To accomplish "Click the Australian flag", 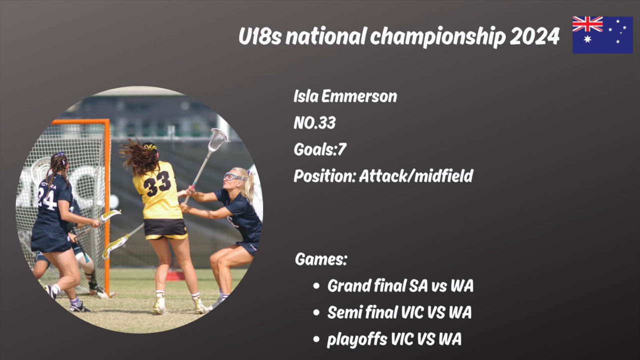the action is pyautogui.click(x=602, y=35).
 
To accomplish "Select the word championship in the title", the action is pyautogui.click(x=437, y=37).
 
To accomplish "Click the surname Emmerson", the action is pyautogui.click(x=359, y=96).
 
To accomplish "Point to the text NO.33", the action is pyautogui.click(x=314, y=123).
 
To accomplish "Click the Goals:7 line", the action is pyautogui.click(x=320, y=149).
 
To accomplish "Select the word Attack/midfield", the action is pyautogui.click(x=416, y=175).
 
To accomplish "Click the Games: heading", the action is pyautogui.click(x=321, y=259).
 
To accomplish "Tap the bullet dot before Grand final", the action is pyautogui.click(x=316, y=286).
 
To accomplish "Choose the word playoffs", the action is pyautogui.click(x=357, y=339).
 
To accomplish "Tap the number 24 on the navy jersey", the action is pyautogui.click(x=47, y=199).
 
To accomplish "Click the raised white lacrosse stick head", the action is pyautogui.click(x=218, y=139).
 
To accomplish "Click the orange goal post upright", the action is pyautogui.click(x=107, y=205).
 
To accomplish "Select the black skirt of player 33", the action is pyautogui.click(x=165, y=228).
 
